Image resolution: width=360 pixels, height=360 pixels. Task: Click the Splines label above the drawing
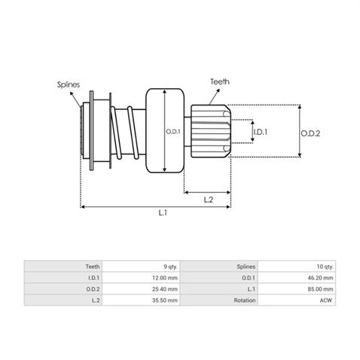[x=69, y=84]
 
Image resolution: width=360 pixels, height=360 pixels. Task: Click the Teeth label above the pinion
[x=220, y=81]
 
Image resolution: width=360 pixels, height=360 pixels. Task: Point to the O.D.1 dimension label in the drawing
[x=173, y=131]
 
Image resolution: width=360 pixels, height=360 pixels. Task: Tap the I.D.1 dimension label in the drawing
[x=261, y=132]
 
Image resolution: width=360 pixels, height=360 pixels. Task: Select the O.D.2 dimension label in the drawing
[x=310, y=133]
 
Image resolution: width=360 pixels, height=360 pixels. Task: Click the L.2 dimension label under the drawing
[x=209, y=200]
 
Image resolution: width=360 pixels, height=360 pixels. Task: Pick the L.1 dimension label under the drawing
[x=163, y=213]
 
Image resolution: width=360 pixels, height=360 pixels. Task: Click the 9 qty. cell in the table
[x=141, y=267]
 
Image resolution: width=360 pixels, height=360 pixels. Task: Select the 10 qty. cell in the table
[x=297, y=267]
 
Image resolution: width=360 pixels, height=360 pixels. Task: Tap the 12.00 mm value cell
[x=141, y=278]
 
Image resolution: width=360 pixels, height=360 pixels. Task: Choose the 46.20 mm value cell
[x=297, y=278]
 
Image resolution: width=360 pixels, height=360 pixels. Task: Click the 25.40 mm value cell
[x=141, y=289]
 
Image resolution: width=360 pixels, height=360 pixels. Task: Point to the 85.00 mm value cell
[x=297, y=289]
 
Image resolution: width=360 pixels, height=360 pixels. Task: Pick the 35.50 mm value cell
[x=141, y=301]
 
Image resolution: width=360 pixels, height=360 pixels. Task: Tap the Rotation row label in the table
[x=245, y=301]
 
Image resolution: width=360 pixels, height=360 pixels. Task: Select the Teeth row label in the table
[x=93, y=267]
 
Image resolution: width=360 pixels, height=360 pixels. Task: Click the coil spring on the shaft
[x=125, y=133]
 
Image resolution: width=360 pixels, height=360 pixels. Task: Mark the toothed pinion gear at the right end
[x=210, y=131]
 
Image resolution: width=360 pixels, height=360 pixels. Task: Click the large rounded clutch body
[x=165, y=130]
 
